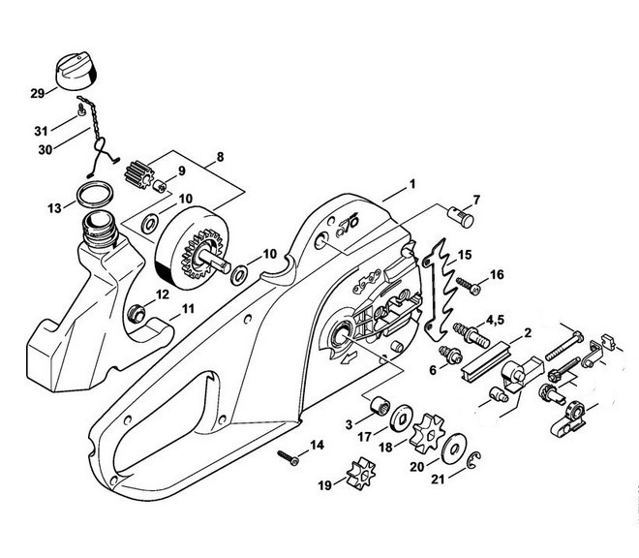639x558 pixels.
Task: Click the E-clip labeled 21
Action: tap(474, 464)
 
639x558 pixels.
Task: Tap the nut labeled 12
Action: tap(138, 313)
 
